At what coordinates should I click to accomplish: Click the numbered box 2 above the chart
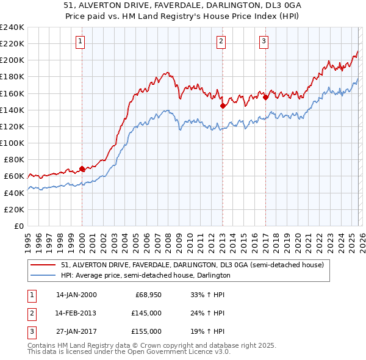[221, 41]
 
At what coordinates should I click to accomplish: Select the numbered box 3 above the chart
[264, 41]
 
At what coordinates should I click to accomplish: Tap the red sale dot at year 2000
[82, 169]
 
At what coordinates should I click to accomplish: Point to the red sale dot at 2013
[223, 106]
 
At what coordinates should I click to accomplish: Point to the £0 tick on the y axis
[18, 226]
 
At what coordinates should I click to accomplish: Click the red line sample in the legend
[43, 265]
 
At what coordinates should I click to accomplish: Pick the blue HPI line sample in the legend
[43, 275]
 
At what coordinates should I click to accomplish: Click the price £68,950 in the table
[148, 294]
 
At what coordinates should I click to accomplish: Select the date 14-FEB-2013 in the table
[76, 312]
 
